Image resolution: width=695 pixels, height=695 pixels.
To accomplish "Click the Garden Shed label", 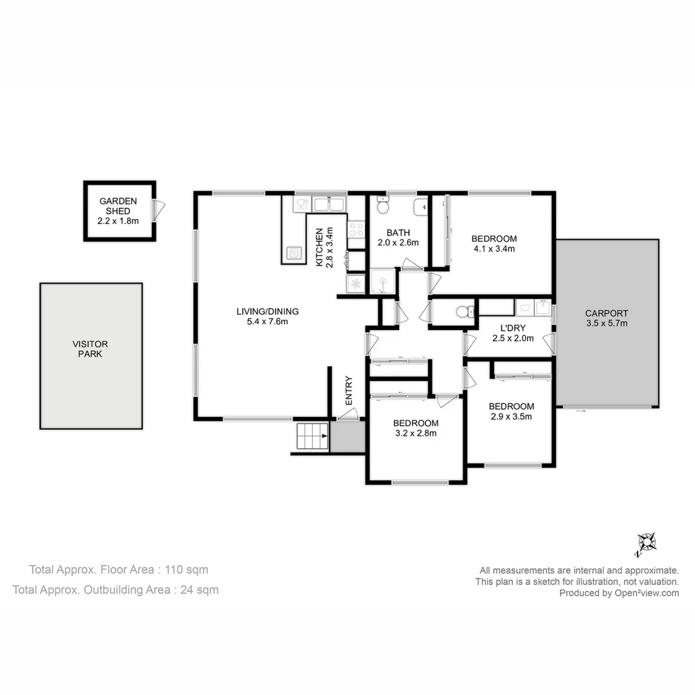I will [x=118, y=211].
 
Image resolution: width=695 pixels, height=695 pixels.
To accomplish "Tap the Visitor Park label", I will [x=90, y=349].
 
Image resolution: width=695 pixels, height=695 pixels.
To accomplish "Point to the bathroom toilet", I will [x=383, y=206].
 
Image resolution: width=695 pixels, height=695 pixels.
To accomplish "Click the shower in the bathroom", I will [x=384, y=282].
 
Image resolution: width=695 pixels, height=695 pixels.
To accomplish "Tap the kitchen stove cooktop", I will [x=356, y=230].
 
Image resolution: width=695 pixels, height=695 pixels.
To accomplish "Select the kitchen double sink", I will [x=329, y=205].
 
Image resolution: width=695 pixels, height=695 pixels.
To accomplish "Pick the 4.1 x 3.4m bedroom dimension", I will [x=494, y=248].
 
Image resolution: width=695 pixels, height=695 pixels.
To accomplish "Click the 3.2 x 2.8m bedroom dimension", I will [x=416, y=433].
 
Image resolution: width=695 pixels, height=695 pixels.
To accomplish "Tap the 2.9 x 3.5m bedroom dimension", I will [x=511, y=416].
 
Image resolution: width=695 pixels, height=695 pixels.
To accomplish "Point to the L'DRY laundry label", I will [x=512, y=328].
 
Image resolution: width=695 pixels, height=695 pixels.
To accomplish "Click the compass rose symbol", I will [x=645, y=544].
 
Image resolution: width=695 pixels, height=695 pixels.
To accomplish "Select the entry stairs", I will [x=312, y=438].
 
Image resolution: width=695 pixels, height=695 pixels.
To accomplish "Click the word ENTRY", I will [x=349, y=390].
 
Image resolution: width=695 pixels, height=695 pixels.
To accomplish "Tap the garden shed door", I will [x=158, y=208].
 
